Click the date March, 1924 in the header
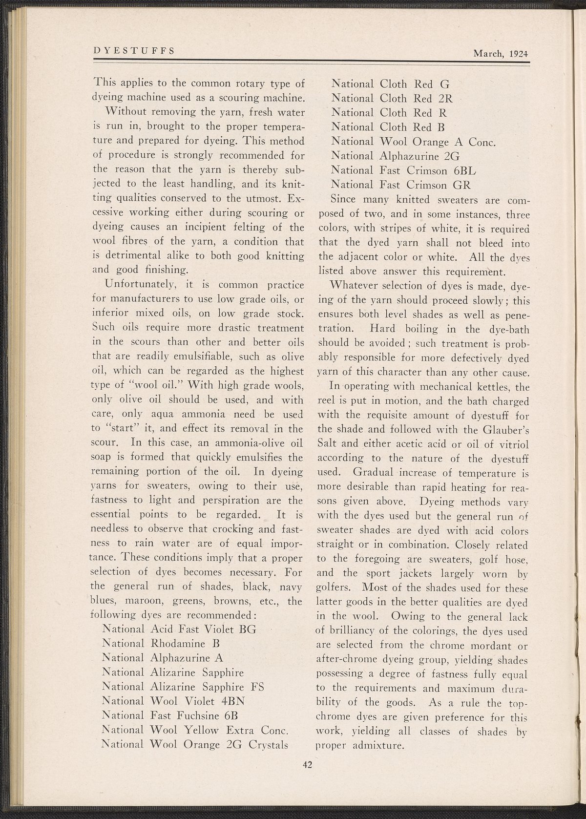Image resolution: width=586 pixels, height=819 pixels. coord(501,54)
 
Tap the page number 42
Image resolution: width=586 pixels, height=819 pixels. coord(307,764)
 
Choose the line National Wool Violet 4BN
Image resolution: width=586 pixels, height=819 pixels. coord(174,701)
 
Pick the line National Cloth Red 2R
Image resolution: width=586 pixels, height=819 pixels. coord(392,98)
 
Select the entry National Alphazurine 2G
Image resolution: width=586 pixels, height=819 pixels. coord(395,156)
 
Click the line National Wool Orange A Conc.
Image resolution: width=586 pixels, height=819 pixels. coord(414,142)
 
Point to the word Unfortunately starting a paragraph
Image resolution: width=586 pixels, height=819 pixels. coord(136,285)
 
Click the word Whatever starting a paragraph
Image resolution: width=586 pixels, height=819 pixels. coord(352,285)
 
